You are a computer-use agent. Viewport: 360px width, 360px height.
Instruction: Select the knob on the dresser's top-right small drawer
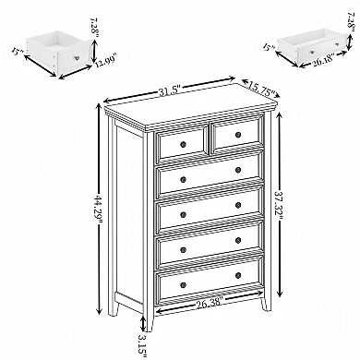coord(237,137)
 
